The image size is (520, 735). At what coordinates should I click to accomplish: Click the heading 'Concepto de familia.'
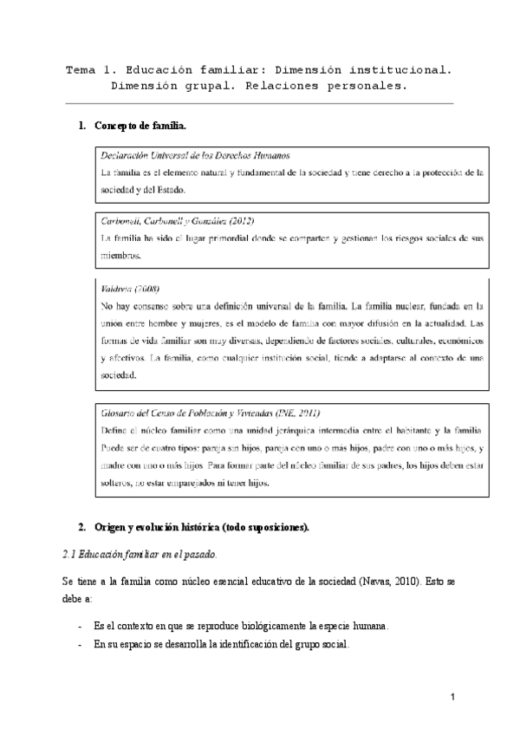(140, 127)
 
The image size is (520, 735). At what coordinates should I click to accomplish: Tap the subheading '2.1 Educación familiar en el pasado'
(140, 554)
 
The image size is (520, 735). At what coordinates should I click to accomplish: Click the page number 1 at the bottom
(453, 698)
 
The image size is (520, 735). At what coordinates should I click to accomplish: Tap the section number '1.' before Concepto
(82, 127)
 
